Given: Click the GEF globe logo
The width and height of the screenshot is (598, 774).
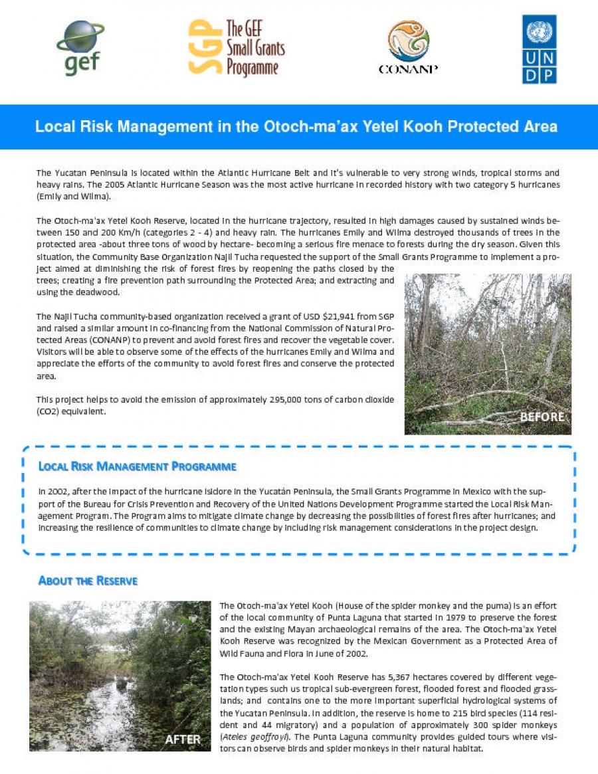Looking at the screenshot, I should pyautogui.click(x=80, y=47).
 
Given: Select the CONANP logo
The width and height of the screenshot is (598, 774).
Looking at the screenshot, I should pyautogui.click(x=408, y=47).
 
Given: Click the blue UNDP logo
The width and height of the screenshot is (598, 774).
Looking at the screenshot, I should pyautogui.click(x=540, y=49).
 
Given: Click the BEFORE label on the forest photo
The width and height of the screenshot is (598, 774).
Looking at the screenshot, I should pyautogui.click(x=542, y=417).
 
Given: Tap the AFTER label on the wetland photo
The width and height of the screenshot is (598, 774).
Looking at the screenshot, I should pyautogui.click(x=183, y=739).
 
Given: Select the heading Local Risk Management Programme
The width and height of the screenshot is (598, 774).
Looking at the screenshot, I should pyautogui.click(x=138, y=466).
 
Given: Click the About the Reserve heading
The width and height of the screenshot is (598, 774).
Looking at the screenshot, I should pyautogui.click(x=88, y=581).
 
